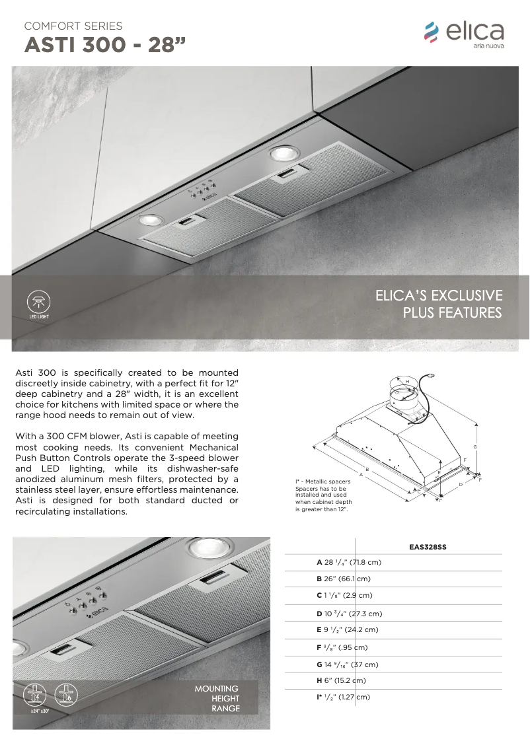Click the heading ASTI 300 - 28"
pos(105,46)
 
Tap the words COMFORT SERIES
pos(73,26)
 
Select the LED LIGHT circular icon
pos(39,303)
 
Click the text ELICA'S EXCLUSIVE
pos(439,295)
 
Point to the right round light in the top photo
pos(284,154)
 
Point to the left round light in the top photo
pos(151,220)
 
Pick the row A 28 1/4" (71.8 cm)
pos(349,563)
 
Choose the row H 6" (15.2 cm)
pos(341,680)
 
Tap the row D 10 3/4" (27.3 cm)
pos(349,614)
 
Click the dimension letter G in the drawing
pos(475,447)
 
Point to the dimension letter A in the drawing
pos(361,474)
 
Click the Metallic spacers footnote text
pos(322,495)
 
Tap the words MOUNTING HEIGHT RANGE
pos(217,699)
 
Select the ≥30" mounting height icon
pos(65,696)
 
